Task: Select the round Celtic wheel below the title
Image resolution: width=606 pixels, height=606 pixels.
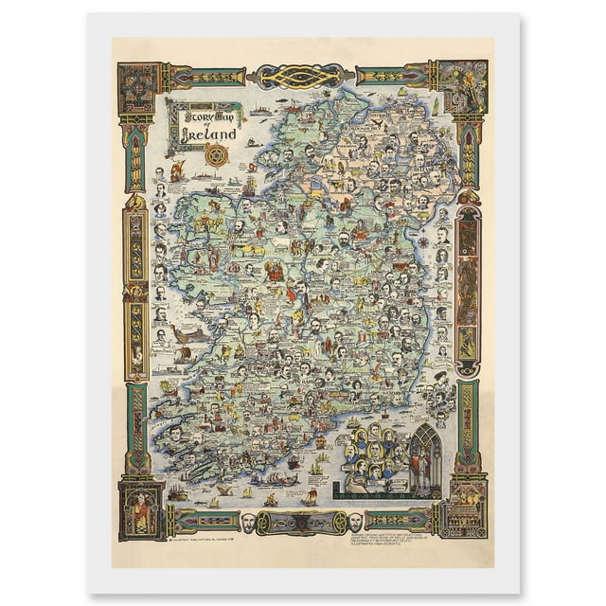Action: point(217,153)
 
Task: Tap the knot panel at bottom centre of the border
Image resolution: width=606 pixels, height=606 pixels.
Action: point(301,521)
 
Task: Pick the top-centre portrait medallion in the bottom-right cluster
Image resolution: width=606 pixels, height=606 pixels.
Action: point(375,433)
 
